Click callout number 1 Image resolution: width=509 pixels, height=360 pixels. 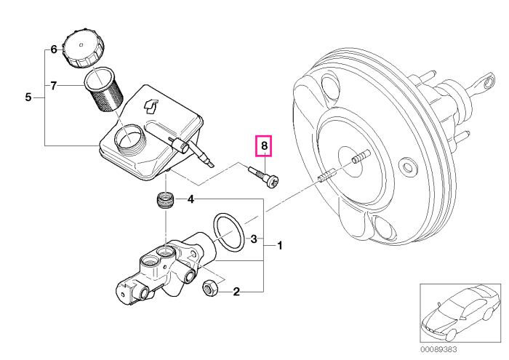click(x=279, y=245)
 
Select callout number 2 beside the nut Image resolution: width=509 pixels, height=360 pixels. click(x=236, y=292)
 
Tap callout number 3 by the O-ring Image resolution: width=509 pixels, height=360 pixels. click(x=254, y=239)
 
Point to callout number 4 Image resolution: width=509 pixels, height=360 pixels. click(x=191, y=199)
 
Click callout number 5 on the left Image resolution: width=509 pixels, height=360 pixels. click(x=28, y=97)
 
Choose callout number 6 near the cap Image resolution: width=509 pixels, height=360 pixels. click(x=54, y=49)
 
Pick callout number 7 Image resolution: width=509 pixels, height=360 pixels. click(x=54, y=86)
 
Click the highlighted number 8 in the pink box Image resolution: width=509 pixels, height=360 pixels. click(x=264, y=145)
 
